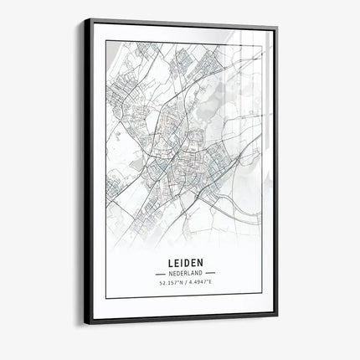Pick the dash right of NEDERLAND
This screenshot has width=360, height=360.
coord(211,273)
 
